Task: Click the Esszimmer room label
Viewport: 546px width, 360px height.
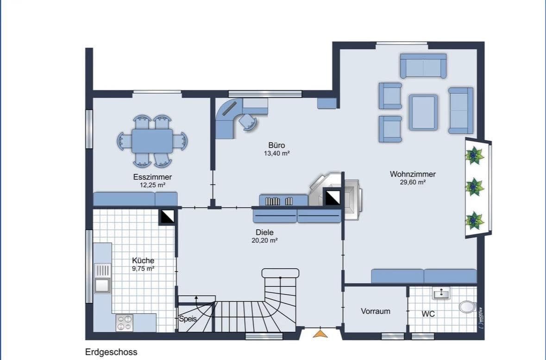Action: pyautogui.click(x=152, y=177)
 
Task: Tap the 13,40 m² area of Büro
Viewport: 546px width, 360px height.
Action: pyautogui.click(x=276, y=153)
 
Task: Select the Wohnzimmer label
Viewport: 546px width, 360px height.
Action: pyautogui.click(x=413, y=174)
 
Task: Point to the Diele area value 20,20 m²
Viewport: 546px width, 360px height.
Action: pyautogui.click(x=264, y=240)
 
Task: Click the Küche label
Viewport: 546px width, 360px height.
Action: pyautogui.click(x=143, y=260)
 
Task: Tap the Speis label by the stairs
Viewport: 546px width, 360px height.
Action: pyautogui.click(x=188, y=319)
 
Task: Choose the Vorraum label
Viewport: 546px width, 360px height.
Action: pyautogui.click(x=375, y=311)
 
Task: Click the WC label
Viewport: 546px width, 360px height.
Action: pyautogui.click(x=428, y=314)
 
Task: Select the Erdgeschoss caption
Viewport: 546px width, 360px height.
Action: pyautogui.click(x=111, y=352)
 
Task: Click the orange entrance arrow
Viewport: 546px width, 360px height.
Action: pyautogui.click(x=320, y=333)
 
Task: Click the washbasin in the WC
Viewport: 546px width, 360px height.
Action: pyautogui.click(x=440, y=293)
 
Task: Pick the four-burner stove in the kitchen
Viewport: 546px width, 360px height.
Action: pyautogui.click(x=124, y=322)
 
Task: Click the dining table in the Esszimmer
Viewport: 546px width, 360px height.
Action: pyautogui.click(x=152, y=141)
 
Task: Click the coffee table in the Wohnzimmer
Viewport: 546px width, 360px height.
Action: pyautogui.click(x=423, y=112)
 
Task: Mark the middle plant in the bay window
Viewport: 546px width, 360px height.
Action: pyautogui.click(x=474, y=187)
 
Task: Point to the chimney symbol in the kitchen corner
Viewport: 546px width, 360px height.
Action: pyautogui.click(x=167, y=216)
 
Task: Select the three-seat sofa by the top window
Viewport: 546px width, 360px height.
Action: pyautogui.click(x=423, y=66)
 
